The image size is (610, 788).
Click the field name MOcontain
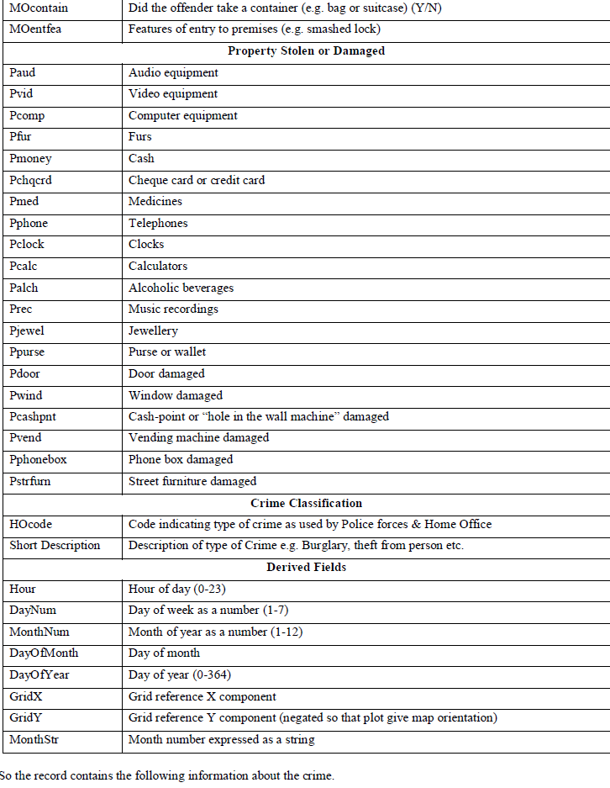(x=39, y=8)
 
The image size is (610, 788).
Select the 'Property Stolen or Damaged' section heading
(x=306, y=50)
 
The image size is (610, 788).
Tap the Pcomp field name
(x=28, y=116)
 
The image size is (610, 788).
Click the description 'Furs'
(x=140, y=137)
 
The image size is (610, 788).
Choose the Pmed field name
(x=24, y=202)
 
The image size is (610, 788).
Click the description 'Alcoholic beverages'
(x=181, y=288)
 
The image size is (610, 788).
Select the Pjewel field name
(x=27, y=331)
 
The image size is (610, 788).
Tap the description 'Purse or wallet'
(x=167, y=352)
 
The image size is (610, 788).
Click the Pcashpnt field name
(x=33, y=416)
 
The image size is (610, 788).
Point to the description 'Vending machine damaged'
(x=198, y=438)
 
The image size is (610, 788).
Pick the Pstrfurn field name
(x=31, y=481)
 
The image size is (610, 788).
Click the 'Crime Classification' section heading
(x=306, y=503)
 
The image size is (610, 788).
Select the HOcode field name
(x=29, y=524)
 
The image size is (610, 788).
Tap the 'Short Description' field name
(x=55, y=546)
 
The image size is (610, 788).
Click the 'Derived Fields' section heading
(x=306, y=567)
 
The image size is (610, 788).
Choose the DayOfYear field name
(x=37, y=674)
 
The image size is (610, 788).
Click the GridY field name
(x=26, y=717)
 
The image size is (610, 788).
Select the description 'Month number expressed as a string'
(x=222, y=739)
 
